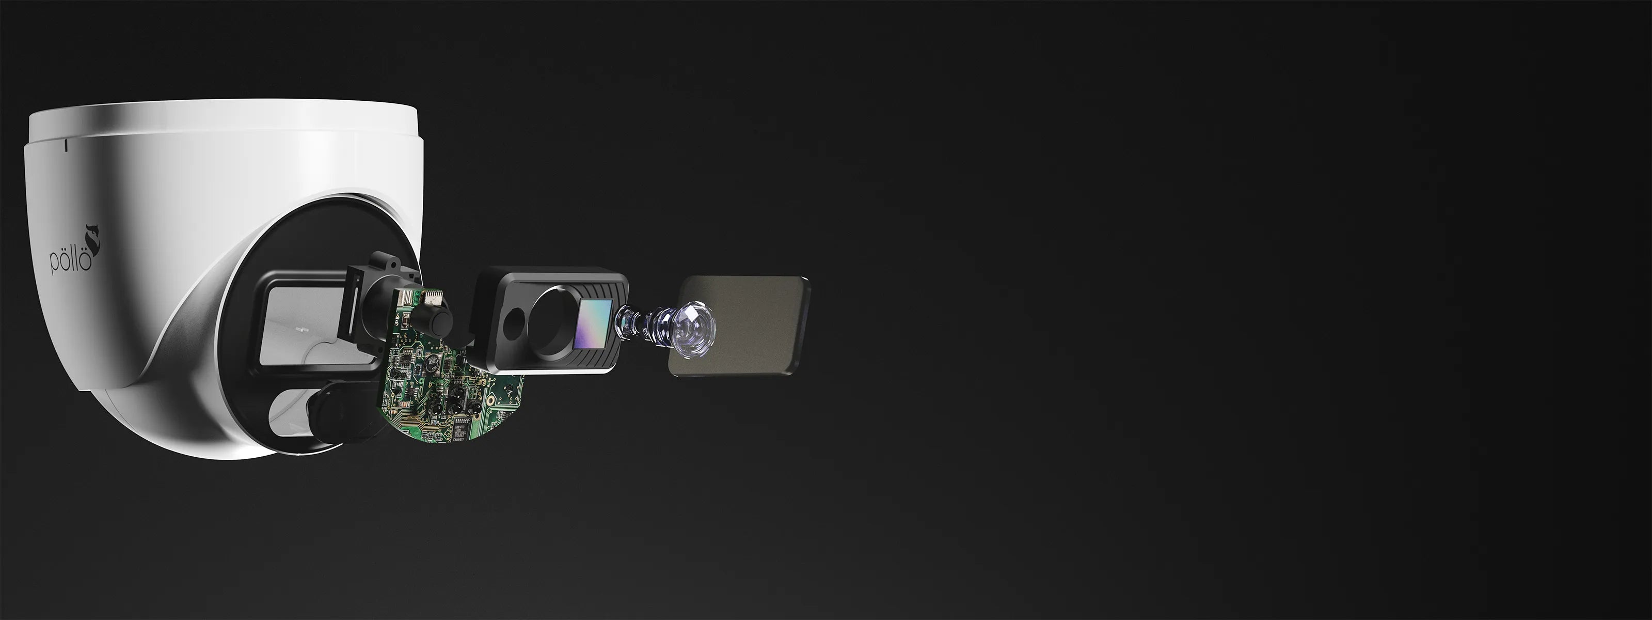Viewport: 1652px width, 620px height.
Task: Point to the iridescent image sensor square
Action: point(595,324)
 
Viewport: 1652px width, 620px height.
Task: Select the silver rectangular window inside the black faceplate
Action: point(301,326)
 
